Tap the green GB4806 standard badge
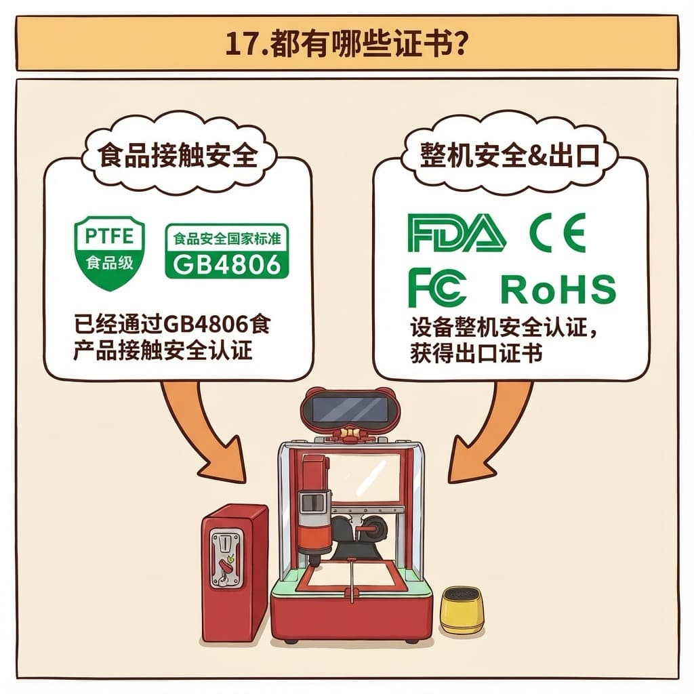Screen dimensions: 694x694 [227, 251]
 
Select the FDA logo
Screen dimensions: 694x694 [456, 233]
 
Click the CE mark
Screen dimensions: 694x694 [556, 232]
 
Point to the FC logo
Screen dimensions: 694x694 [436, 287]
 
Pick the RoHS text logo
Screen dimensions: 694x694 [558, 289]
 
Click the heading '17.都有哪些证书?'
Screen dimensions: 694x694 [346, 45]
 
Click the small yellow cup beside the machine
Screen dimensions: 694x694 [462, 610]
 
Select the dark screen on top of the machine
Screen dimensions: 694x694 [348, 408]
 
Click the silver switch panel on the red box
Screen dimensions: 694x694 [226, 559]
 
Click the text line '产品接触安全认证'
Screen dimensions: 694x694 [163, 351]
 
